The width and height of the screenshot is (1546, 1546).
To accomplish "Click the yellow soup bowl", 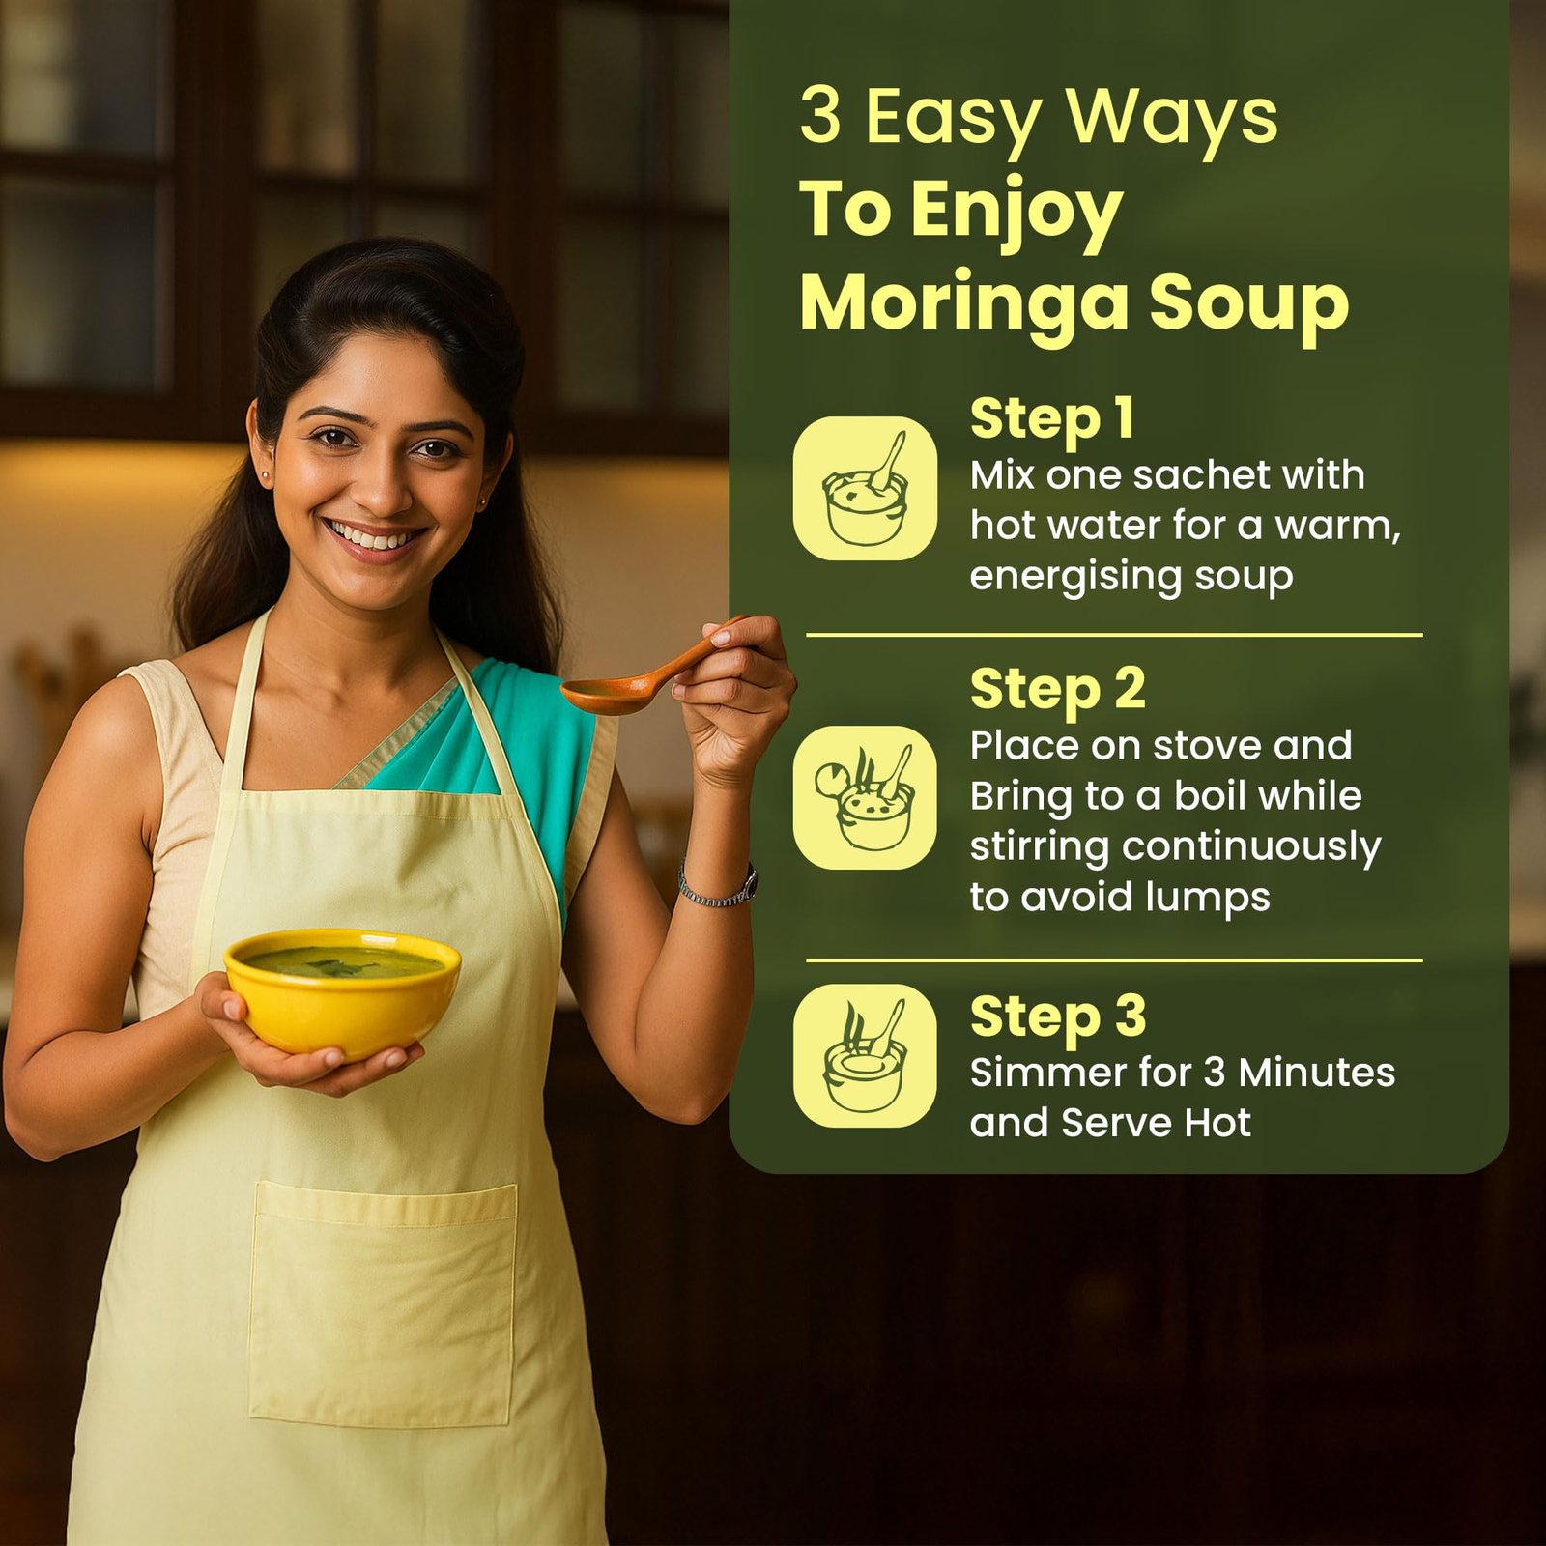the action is (x=342, y=992).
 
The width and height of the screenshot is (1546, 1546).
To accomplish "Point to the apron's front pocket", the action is (x=383, y=1303).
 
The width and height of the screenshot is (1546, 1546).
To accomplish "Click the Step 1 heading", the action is (x=1051, y=419).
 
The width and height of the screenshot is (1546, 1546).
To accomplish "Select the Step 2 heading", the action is (x=1057, y=690).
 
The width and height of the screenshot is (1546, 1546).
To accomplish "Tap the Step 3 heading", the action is (x=1057, y=1016).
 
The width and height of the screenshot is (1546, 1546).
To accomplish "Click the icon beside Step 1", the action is (x=865, y=488).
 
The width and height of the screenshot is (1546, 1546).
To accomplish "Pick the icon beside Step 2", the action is (x=865, y=797).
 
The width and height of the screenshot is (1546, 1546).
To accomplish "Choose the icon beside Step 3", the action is (x=865, y=1055).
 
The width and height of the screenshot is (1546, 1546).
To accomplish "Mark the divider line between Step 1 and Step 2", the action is (x=1114, y=635).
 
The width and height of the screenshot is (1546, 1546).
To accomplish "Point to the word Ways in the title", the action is (x=1172, y=117).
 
